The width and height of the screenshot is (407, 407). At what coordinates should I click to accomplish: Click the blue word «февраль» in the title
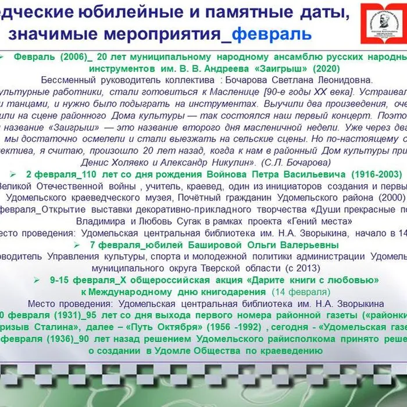click(x=272, y=34)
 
